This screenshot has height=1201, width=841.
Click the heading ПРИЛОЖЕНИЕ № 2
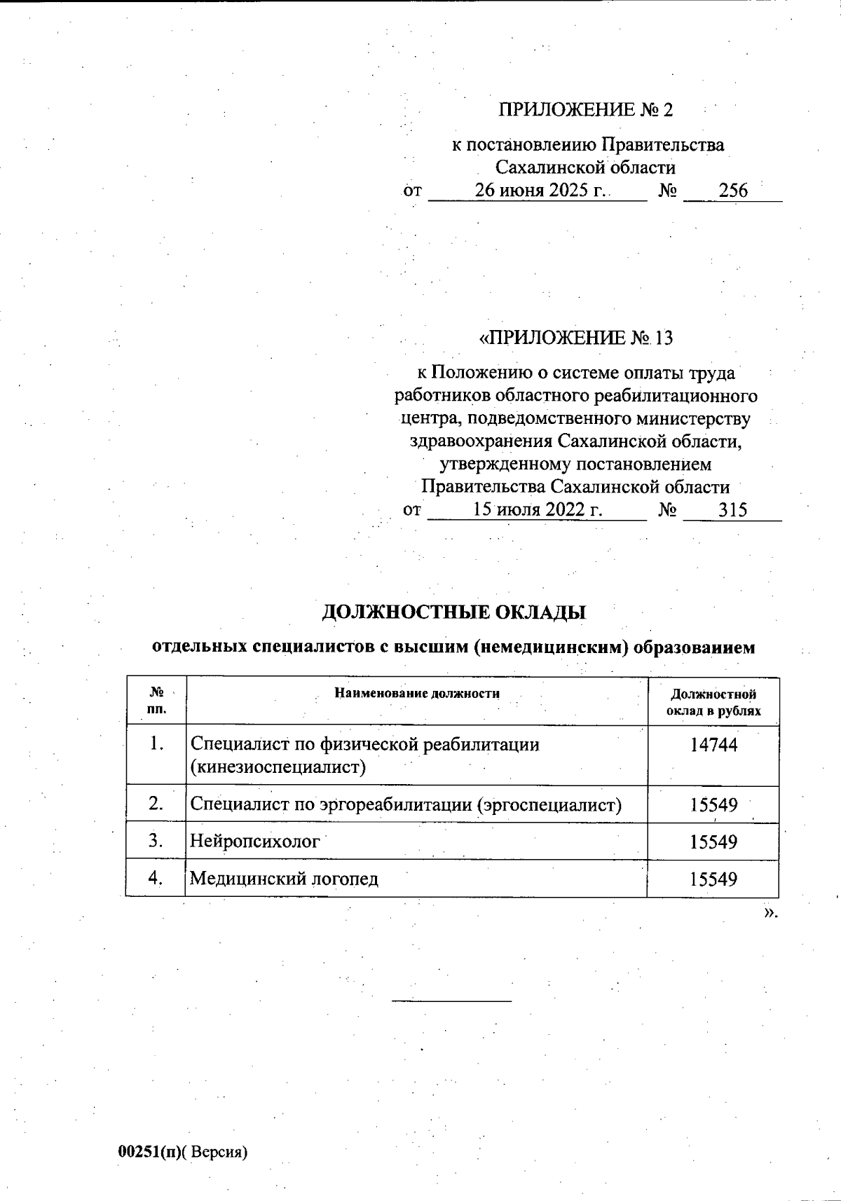point(585,110)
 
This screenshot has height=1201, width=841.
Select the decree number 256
point(733,191)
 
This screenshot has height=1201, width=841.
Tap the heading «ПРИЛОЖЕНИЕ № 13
point(575,338)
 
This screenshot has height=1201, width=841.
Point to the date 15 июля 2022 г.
point(538,509)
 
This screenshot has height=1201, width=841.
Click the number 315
point(732,509)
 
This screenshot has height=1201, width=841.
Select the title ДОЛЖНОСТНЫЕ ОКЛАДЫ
point(453,612)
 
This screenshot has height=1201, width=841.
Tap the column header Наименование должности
point(417,694)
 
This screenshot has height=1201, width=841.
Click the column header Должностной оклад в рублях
point(713,702)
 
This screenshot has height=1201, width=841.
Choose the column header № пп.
point(157,701)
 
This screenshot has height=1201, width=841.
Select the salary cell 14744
point(713,745)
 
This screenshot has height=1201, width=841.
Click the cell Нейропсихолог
point(255,841)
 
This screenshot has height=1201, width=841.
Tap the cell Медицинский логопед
point(285,878)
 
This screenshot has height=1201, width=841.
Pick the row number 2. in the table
point(156,804)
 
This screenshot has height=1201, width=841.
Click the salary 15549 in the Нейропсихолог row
point(713,842)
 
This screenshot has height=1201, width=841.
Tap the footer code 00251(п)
point(149,1152)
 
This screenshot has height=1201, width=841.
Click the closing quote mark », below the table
point(771,912)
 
